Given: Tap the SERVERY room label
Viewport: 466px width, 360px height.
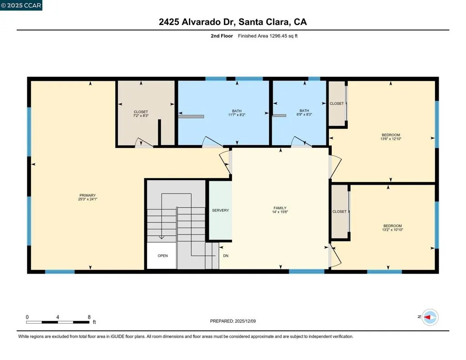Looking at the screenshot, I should click(x=220, y=210).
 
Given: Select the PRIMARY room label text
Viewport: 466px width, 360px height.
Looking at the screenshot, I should click(x=87, y=195).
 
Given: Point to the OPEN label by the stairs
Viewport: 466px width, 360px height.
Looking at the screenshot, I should click(x=162, y=256).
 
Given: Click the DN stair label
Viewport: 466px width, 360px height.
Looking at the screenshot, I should click(x=225, y=256).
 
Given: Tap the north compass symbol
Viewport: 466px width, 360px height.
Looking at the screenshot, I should click(x=430, y=317).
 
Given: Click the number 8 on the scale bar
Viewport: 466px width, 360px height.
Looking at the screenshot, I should click(x=89, y=317).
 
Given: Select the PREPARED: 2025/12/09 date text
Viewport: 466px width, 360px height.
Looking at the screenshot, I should click(x=233, y=321).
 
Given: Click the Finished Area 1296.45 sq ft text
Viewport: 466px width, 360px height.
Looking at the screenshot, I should click(x=268, y=35).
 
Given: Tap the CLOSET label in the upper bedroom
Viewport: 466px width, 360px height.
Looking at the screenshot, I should click(x=337, y=104).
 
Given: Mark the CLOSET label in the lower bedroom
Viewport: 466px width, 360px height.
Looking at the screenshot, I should click(x=339, y=212).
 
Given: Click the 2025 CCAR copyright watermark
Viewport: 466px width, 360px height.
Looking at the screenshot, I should click(x=21, y=5).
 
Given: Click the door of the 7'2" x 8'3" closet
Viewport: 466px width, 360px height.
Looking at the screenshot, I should click(x=144, y=143).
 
